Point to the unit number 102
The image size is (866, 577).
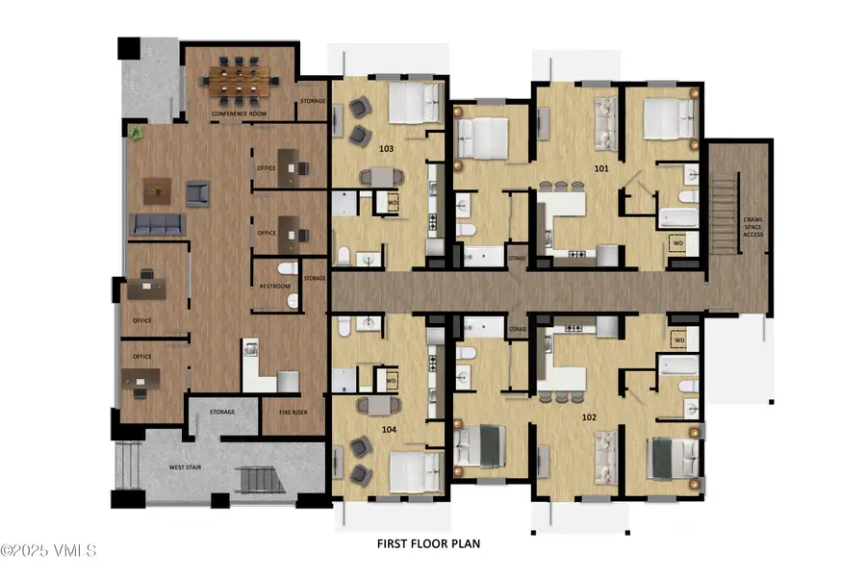pyautogui.click(x=588, y=417)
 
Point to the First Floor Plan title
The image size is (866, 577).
pyautogui.click(x=428, y=543)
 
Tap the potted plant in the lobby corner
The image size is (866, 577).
pyautogui.click(x=138, y=132)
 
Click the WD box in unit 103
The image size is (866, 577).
pyautogui.click(x=393, y=204)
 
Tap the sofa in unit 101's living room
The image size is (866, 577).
pyautogui.click(x=606, y=120)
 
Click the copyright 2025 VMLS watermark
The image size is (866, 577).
pyautogui.click(x=48, y=551)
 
